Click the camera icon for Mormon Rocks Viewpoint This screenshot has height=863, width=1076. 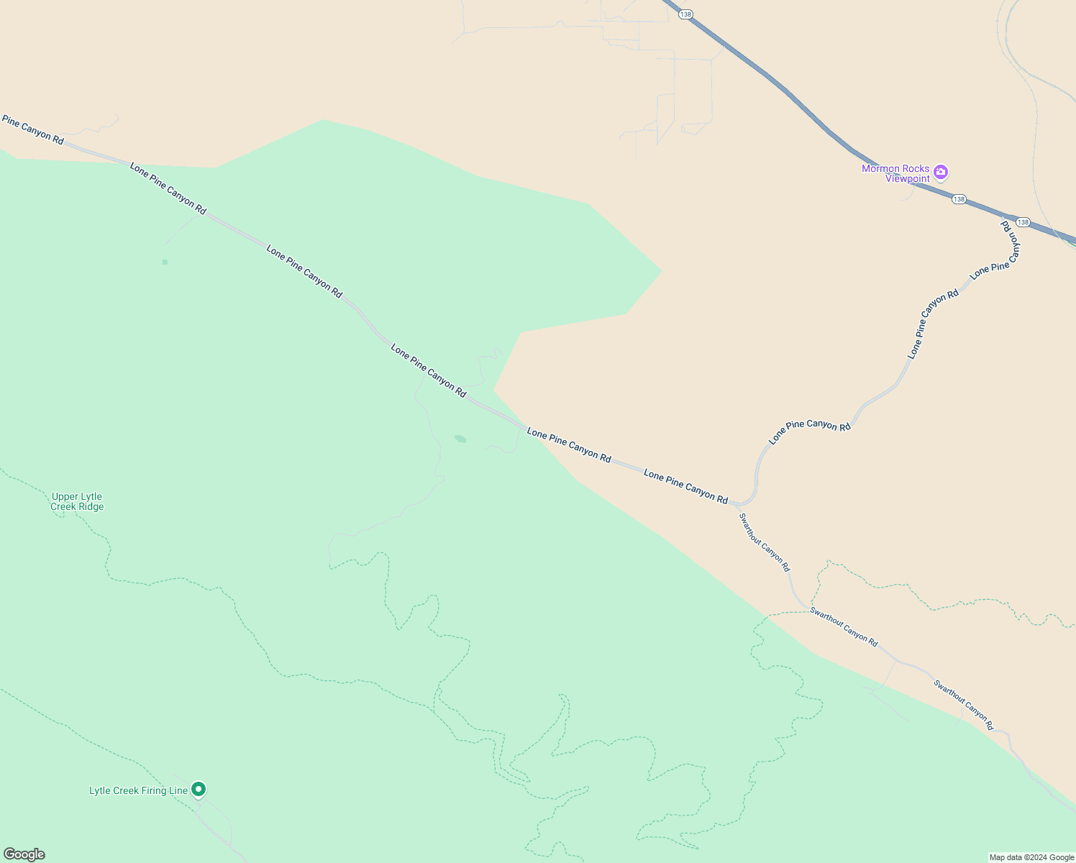coord(941,172)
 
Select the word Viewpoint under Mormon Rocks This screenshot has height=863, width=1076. coord(907,179)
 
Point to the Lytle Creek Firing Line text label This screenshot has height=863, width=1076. coord(138,791)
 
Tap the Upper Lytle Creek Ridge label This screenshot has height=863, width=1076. coord(77,501)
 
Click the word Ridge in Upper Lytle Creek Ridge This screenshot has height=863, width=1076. coord(91,507)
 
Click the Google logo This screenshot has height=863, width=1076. coord(24,854)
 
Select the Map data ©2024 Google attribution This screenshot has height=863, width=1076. coord(1031,857)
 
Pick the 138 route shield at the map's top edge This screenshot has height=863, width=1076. coord(685,14)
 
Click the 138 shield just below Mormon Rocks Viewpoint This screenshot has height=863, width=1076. coord(959,199)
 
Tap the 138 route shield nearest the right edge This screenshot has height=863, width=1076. coord(1023,222)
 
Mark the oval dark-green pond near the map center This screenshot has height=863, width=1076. coord(460,439)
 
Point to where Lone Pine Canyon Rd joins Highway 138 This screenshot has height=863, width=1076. coord(1004,215)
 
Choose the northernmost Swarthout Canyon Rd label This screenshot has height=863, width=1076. coord(765,542)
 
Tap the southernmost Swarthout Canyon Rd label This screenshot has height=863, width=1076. coord(963,705)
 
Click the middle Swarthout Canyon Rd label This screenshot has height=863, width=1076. coord(844,627)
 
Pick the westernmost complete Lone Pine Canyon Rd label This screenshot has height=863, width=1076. coord(168,188)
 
